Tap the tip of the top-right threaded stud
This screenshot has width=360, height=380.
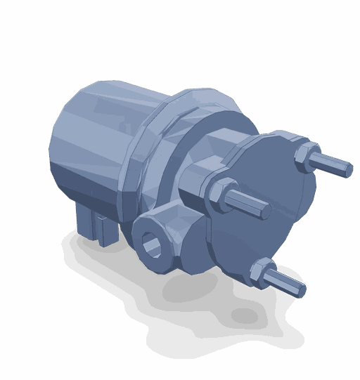[347, 170]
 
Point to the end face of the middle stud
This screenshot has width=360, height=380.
[266, 210]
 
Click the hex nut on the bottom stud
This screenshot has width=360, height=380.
[262, 273]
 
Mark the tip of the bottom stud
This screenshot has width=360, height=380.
[300, 289]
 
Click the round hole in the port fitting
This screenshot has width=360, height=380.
[152, 245]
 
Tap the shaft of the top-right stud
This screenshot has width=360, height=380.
[329, 164]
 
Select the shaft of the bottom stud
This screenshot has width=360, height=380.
[284, 282]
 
